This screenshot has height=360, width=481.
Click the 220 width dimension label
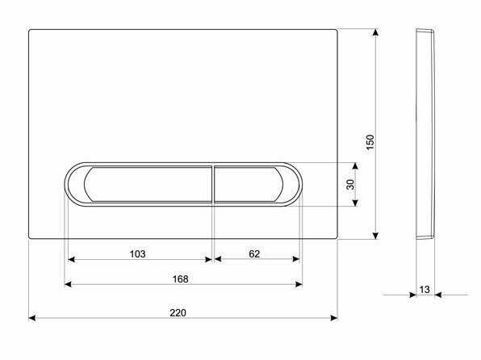click(178, 312)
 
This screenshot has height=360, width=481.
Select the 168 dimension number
click(180, 279)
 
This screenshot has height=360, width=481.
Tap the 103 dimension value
click(137, 253)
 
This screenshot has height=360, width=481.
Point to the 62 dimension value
click(254, 253)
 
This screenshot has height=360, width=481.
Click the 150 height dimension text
click(370, 142)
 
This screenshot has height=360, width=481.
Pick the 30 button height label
click(350, 184)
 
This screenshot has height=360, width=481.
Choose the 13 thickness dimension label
click(425, 289)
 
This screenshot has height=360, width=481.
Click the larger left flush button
click(147, 184)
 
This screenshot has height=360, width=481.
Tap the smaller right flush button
click(248, 184)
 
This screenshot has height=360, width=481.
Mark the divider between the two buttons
click(213, 184)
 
